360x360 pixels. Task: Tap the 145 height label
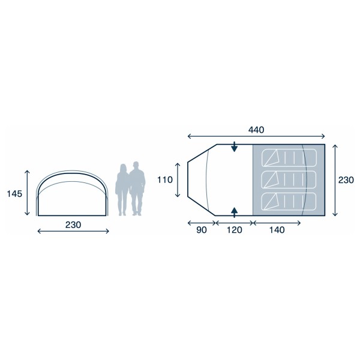(x=15, y=194)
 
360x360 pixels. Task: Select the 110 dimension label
(x=165, y=179)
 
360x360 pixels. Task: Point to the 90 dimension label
(x=201, y=229)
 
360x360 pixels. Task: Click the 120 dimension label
(x=234, y=229)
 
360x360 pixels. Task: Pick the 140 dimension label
(x=277, y=229)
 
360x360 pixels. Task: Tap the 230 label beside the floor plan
(x=346, y=179)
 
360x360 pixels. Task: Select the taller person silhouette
(x=137, y=188)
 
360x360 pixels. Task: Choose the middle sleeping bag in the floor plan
(x=289, y=179)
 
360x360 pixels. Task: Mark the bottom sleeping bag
(x=289, y=200)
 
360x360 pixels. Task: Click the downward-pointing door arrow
(x=233, y=148)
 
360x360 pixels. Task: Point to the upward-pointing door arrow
(x=233, y=211)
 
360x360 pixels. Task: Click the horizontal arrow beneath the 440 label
(x=256, y=137)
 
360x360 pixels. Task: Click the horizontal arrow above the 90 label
(x=202, y=222)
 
